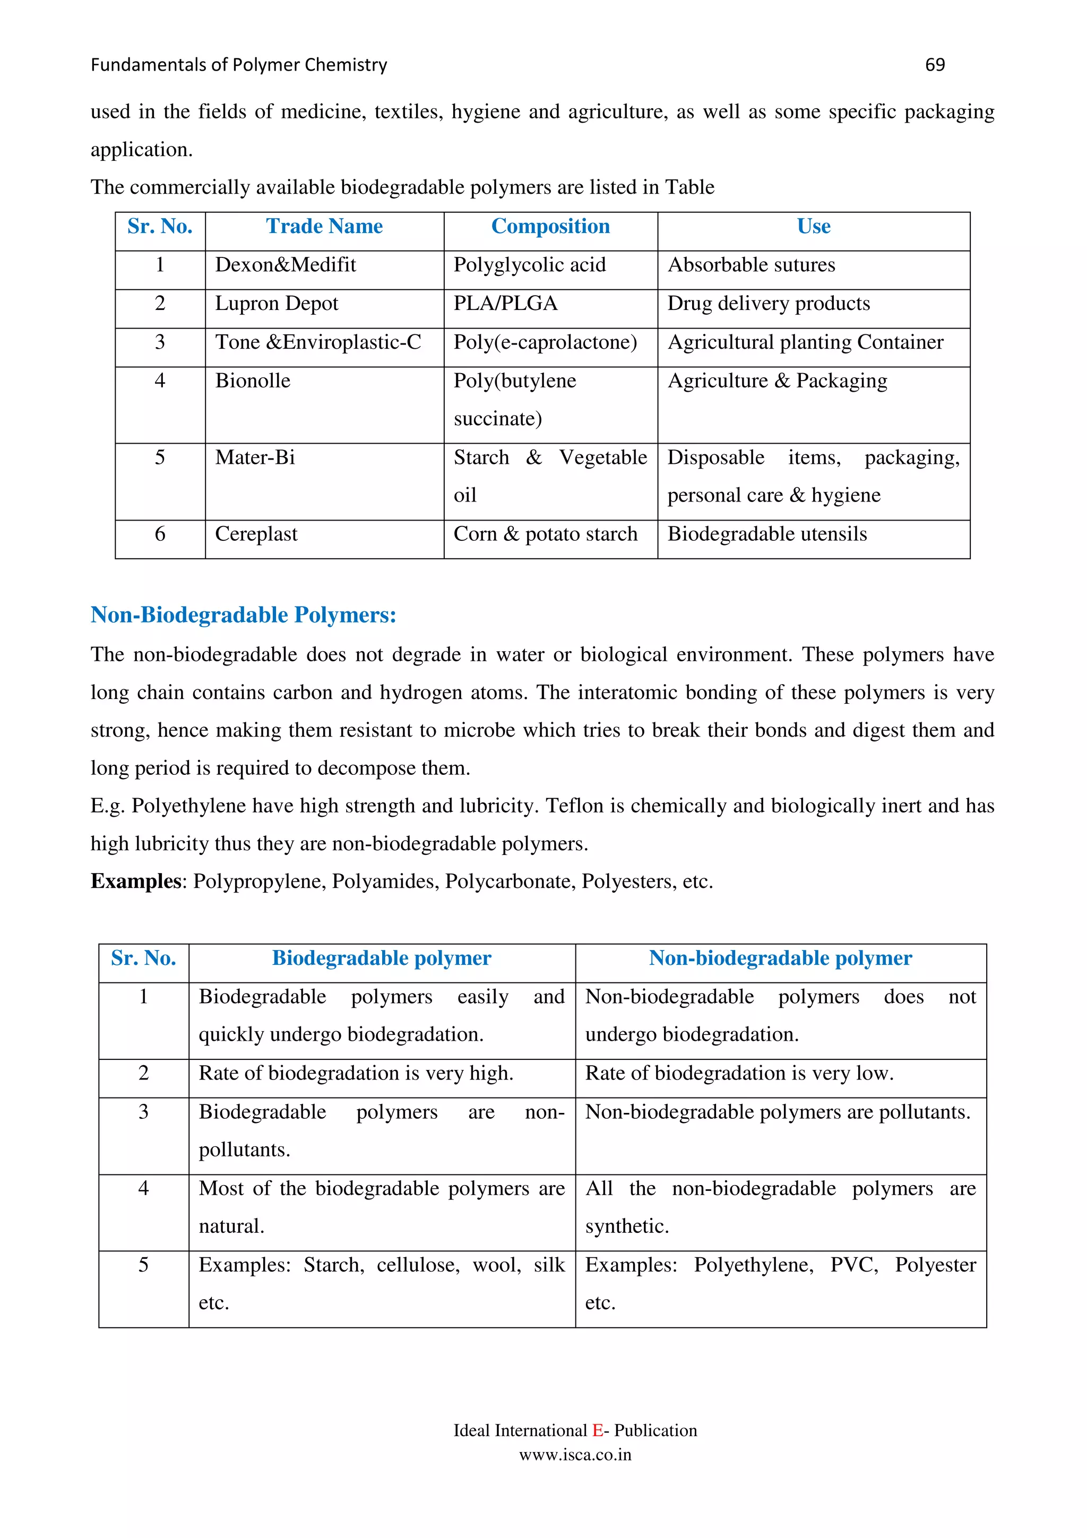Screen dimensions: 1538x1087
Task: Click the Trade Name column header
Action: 324,227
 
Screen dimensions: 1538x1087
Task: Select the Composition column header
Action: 550,227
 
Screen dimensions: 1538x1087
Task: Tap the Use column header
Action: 813,227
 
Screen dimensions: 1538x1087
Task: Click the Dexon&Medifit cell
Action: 286,265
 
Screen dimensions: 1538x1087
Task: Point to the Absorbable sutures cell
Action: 751,265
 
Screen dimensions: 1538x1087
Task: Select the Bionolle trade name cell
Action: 253,381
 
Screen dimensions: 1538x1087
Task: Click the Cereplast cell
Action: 256,534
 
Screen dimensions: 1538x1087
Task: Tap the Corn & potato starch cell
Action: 545,534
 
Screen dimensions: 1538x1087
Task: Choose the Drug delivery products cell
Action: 768,304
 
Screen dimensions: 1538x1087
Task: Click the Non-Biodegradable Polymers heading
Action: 243,615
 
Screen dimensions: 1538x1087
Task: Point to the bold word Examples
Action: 136,882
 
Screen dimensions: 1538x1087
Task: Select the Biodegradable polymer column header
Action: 381,958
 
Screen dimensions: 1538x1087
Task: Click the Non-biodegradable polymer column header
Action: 780,958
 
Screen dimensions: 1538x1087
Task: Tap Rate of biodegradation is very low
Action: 739,1074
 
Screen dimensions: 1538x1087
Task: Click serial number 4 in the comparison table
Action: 143,1189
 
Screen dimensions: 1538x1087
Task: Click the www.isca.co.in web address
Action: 575,1455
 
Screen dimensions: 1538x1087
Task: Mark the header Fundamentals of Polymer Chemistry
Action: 238,65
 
